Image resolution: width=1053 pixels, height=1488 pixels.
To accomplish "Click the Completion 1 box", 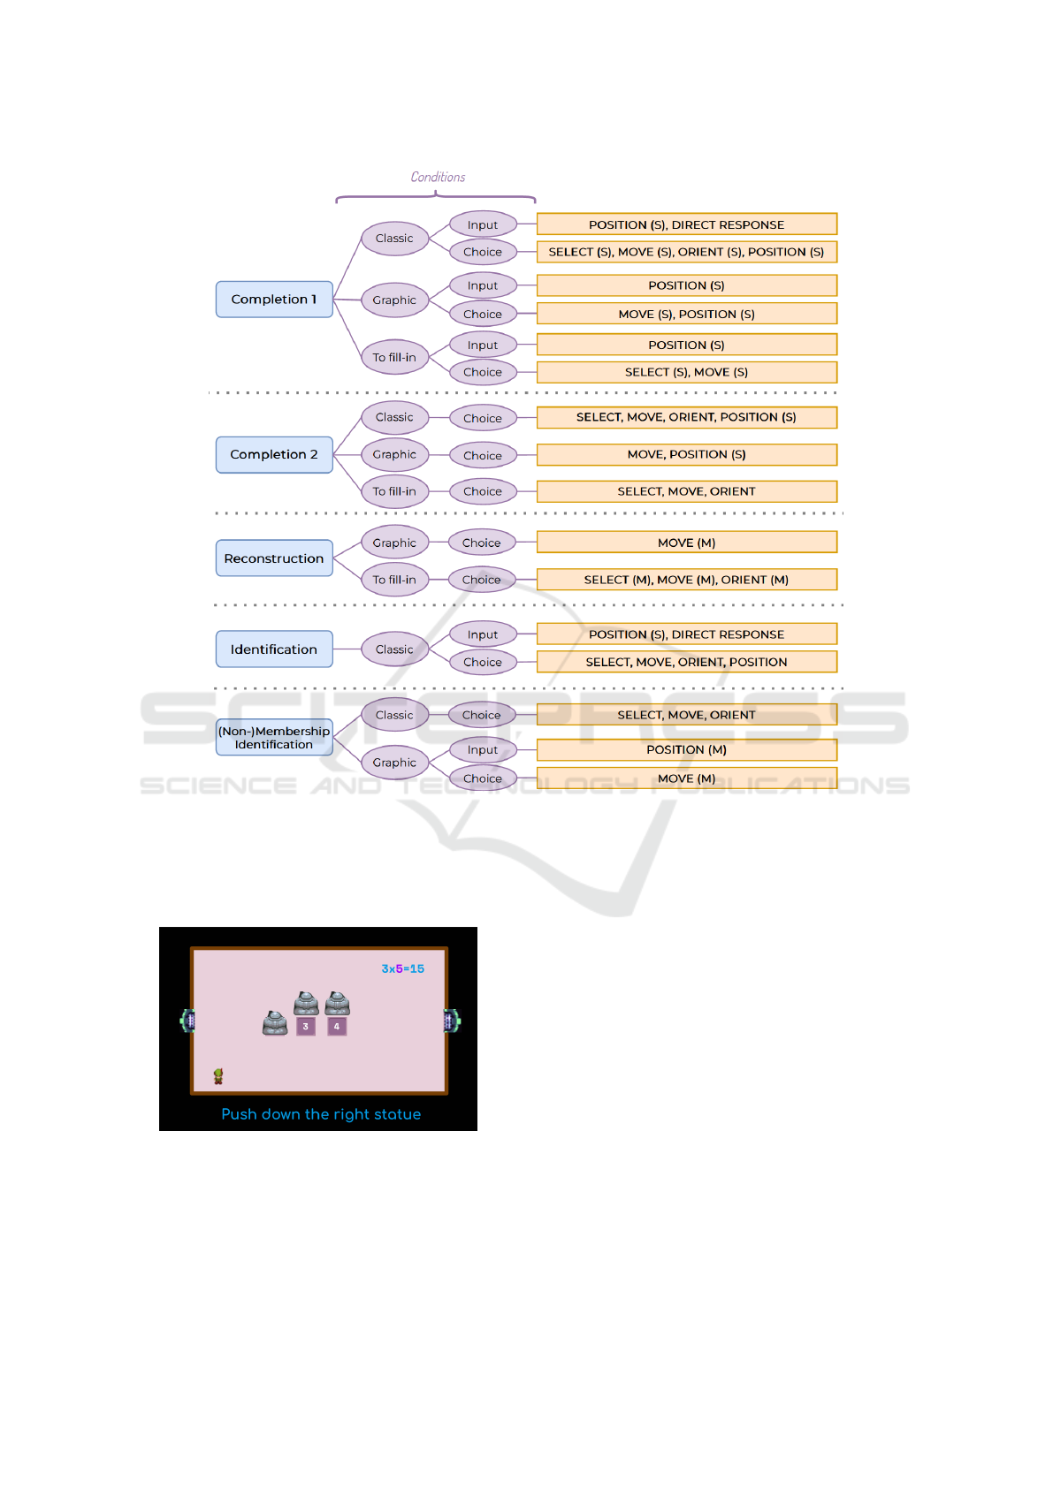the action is (274, 300).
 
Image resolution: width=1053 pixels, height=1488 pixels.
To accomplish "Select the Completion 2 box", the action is (274, 455).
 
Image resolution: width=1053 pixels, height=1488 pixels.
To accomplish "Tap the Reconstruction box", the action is (274, 558).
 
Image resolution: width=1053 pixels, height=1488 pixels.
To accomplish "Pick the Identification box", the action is (274, 649).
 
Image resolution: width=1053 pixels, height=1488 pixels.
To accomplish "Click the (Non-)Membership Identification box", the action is (274, 737).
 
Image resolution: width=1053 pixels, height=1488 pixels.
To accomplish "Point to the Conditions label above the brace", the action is (438, 178).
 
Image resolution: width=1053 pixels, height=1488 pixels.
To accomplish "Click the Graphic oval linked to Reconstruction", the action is (395, 543).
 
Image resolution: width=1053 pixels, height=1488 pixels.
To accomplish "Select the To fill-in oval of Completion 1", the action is (395, 357).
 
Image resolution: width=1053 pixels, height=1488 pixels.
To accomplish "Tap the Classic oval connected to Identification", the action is (395, 649).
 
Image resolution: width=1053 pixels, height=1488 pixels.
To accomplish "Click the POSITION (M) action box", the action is (687, 750).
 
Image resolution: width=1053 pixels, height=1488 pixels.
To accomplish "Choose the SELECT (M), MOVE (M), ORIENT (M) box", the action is (687, 580).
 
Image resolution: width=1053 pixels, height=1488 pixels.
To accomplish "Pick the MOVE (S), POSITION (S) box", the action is (687, 315).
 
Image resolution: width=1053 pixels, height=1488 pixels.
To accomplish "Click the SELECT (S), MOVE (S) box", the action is (687, 373).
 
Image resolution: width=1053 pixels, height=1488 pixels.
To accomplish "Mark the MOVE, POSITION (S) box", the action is (687, 455).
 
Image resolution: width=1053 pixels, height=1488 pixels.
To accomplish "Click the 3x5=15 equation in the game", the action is (403, 969).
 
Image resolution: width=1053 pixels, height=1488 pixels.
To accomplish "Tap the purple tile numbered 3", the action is (306, 1027).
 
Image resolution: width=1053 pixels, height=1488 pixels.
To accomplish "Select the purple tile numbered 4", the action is (337, 1027).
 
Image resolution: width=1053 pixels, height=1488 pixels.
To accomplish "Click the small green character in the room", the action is (218, 1076).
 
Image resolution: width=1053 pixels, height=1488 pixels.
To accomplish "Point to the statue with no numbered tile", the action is (275, 1024).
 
